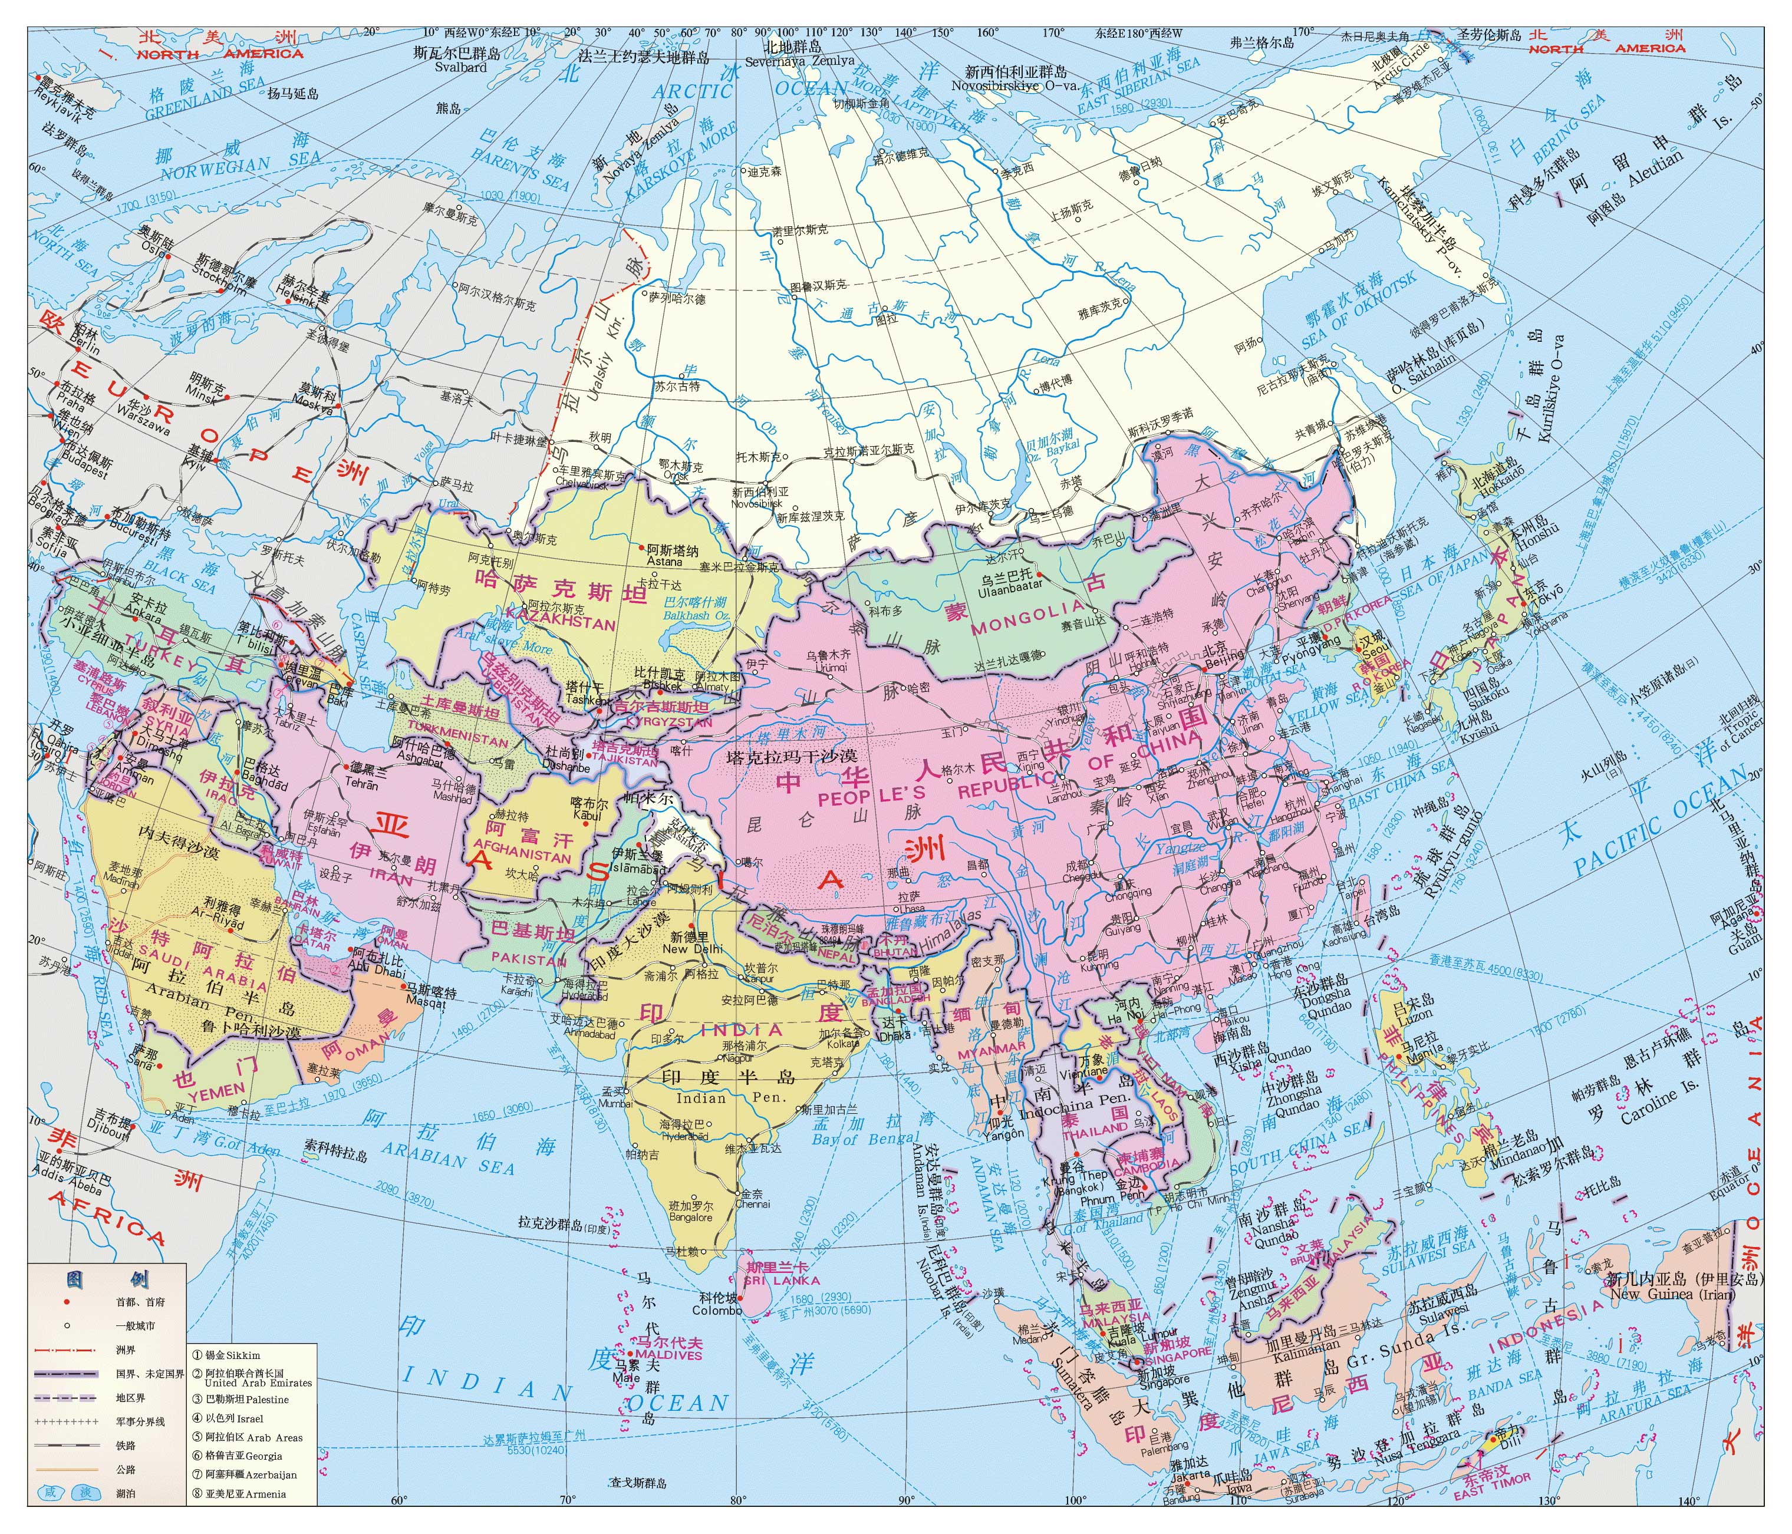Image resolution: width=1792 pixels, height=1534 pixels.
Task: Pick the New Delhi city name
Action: (692, 949)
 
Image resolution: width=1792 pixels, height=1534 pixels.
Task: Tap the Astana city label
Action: (664, 561)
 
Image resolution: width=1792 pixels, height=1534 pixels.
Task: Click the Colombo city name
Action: (717, 1310)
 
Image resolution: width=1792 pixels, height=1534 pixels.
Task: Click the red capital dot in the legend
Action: (66, 1301)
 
